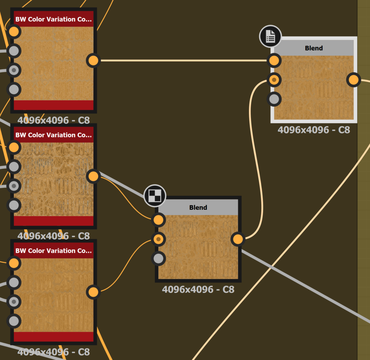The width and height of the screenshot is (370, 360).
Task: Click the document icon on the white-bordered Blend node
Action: point(270,37)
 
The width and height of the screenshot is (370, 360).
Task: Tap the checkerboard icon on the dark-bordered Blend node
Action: point(155,196)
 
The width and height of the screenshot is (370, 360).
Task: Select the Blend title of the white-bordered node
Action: point(314,48)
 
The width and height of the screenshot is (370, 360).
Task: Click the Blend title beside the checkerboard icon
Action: point(198,208)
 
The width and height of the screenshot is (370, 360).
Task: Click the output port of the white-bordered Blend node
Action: point(353,80)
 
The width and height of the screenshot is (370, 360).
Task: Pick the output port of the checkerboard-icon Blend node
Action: point(238,239)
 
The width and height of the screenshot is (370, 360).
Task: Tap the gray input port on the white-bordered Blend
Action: point(274,99)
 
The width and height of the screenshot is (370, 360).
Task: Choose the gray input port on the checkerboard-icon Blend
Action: point(158,258)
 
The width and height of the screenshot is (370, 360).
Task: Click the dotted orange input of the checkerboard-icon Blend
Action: point(158,239)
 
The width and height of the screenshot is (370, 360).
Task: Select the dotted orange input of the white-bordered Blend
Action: point(274,80)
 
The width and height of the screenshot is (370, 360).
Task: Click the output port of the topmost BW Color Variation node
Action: point(93,60)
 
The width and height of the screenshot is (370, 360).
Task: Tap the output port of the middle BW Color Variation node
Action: point(93,176)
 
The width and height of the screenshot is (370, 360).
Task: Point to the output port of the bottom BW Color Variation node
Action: point(93,292)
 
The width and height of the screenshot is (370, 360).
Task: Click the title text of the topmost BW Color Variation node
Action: point(53,19)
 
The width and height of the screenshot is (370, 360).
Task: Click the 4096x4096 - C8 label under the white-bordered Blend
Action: point(314,130)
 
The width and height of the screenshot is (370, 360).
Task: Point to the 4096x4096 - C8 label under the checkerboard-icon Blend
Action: point(198,289)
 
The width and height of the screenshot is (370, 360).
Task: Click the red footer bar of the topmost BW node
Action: point(53,105)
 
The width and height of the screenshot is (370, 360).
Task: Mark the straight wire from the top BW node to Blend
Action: point(181,60)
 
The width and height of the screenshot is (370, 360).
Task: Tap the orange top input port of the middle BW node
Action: point(14,147)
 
